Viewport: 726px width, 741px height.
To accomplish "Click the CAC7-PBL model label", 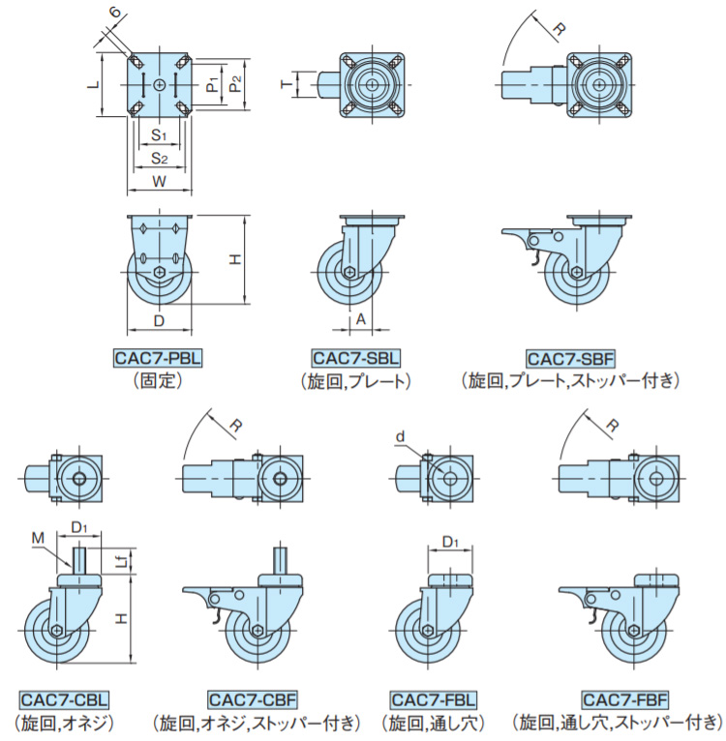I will [x=158, y=358].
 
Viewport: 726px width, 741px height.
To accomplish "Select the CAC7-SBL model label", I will [x=356, y=358].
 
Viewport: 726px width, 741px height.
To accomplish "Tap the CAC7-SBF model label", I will [x=571, y=358].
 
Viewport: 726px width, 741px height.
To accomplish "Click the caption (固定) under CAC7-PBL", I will [x=158, y=380].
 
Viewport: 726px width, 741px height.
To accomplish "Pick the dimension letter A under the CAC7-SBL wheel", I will [x=360, y=317].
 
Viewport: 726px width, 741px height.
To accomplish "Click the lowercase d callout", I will [x=399, y=437].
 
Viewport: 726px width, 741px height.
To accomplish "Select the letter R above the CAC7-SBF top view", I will [x=559, y=30].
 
